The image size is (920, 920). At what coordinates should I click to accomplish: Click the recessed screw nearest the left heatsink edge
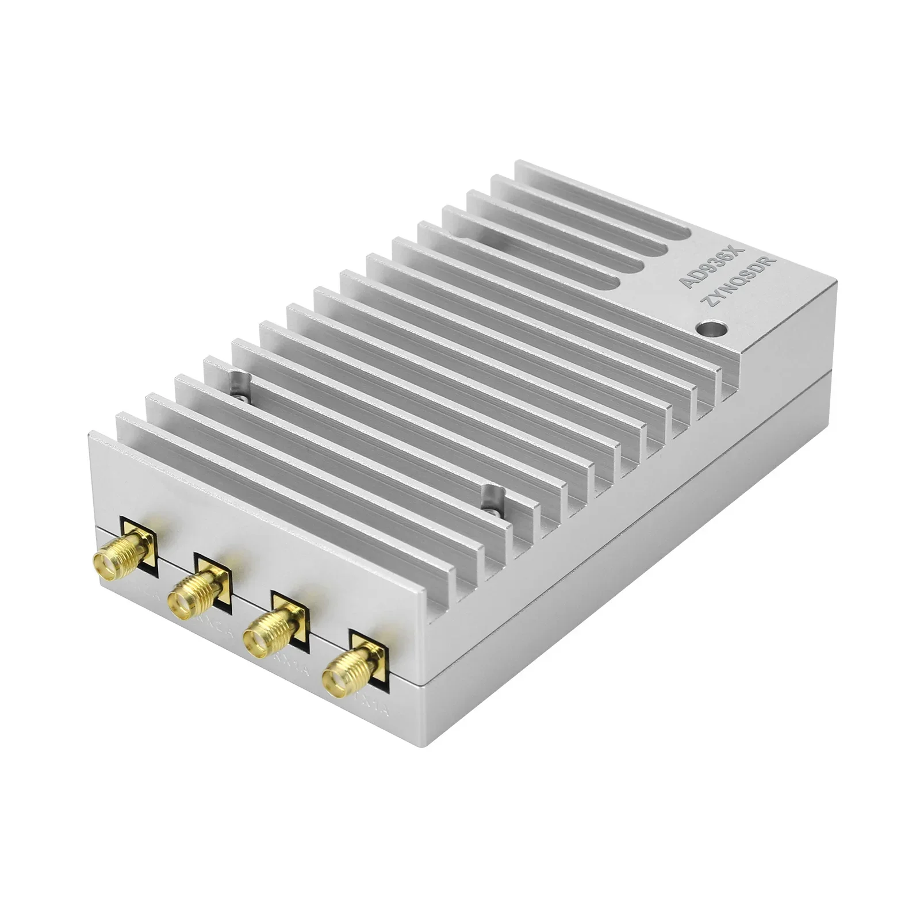click(237, 381)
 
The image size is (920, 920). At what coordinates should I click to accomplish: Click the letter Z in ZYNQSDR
click(707, 309)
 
